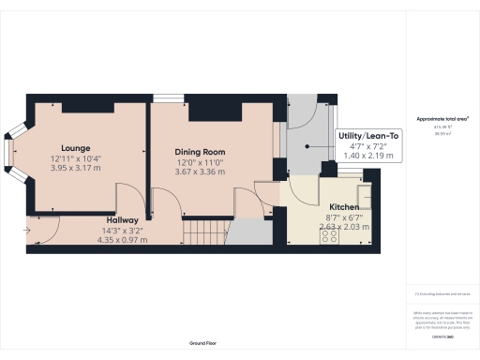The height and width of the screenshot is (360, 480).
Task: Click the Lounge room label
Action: tap(75, 148)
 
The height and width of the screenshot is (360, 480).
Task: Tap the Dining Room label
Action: tap(201, 152)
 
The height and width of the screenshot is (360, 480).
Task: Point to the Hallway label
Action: tap(123, 219)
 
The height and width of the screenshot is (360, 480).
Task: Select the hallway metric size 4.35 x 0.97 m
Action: tap(123, 239)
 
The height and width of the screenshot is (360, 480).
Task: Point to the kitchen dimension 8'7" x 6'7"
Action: tap(343, 217)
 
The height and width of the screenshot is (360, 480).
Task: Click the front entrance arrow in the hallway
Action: tap(28, 224)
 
